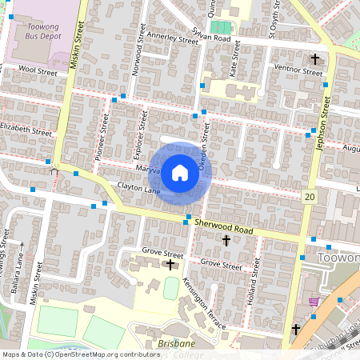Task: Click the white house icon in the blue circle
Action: point(180,172)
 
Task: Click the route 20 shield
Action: point(309,196)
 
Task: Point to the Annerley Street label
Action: point(171,38)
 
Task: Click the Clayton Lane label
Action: point(140,188)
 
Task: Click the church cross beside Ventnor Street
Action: point(315,60)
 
